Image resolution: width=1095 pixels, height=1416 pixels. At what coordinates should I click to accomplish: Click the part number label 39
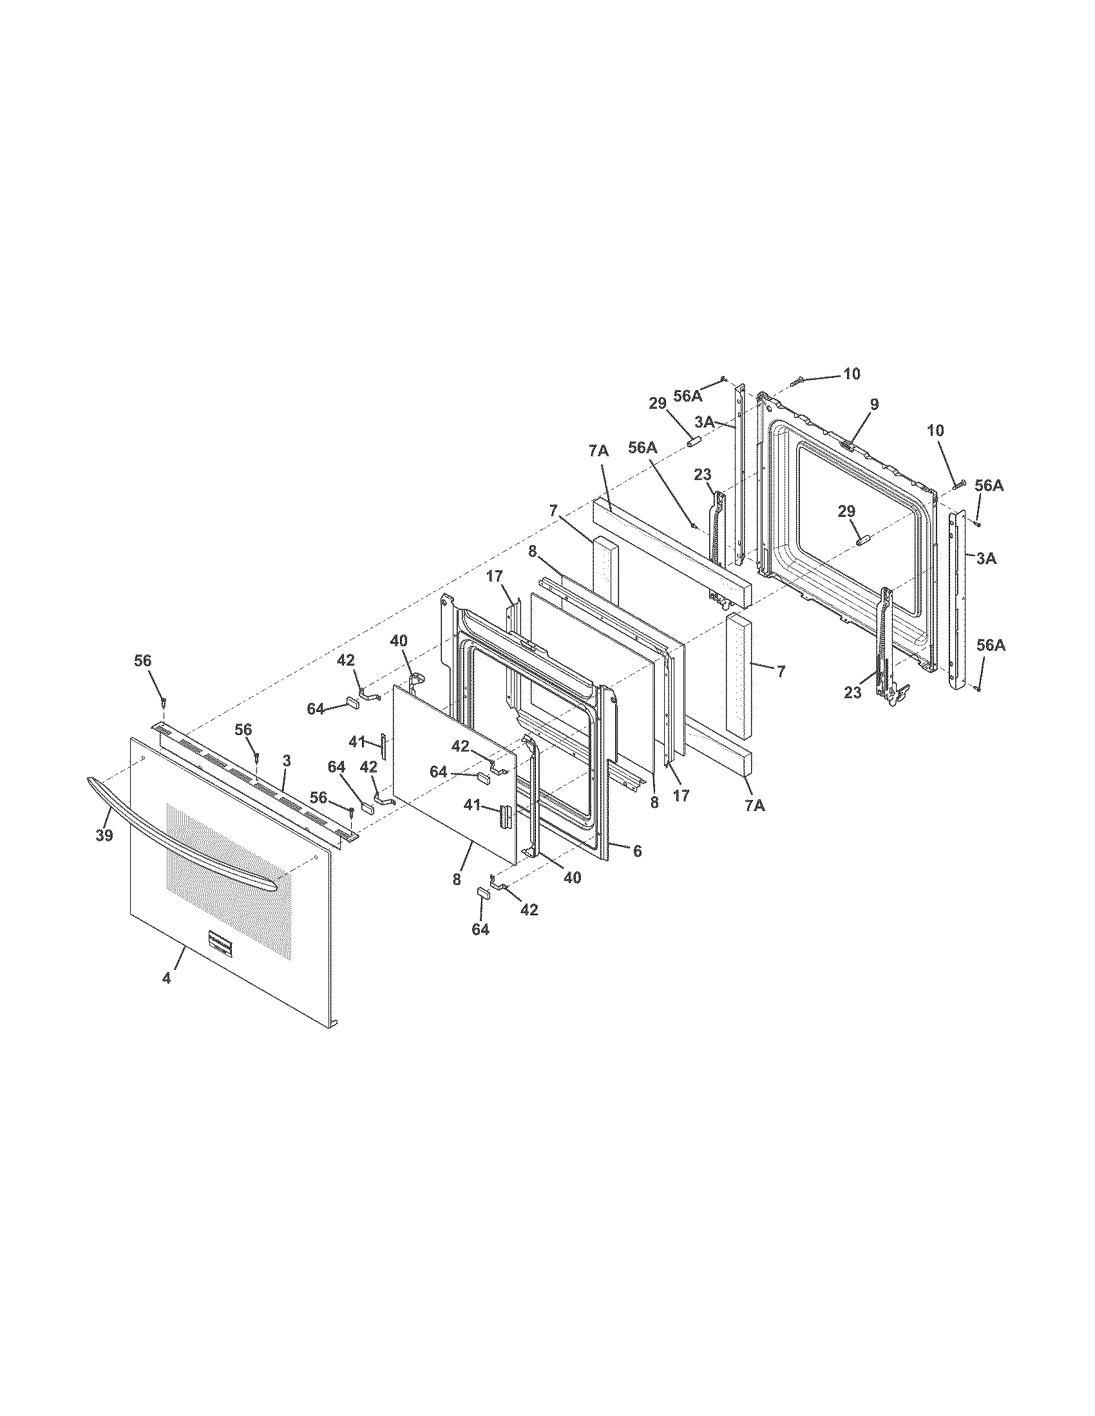104,835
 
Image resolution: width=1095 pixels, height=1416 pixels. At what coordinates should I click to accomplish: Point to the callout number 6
637,851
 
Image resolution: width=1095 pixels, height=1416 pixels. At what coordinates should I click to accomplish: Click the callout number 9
875,404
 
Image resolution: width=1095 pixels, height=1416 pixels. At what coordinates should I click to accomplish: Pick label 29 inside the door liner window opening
846,512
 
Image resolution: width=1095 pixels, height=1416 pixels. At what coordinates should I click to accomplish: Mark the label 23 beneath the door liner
852,693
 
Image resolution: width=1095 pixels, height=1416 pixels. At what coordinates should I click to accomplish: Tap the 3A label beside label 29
705,422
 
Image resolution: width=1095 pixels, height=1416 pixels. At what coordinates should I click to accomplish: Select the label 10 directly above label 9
852,373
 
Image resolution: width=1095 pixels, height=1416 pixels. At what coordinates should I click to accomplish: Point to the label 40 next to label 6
571,878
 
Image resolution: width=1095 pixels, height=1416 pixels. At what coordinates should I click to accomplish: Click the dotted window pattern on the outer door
227,856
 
